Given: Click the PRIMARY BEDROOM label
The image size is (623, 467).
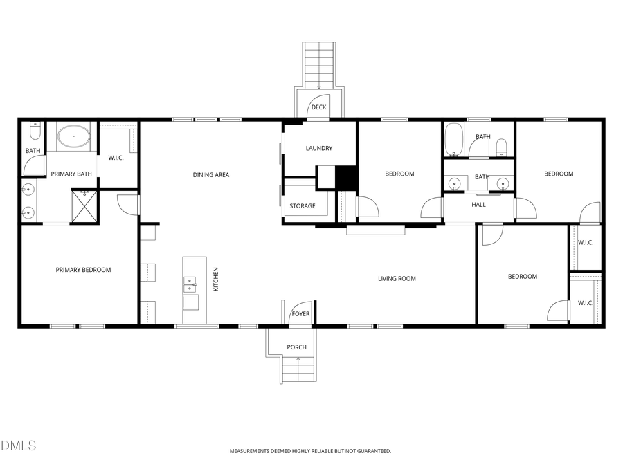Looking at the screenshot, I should (83, 270).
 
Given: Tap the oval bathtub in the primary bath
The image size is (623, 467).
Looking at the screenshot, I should (73, 136).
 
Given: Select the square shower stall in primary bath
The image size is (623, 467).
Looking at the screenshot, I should (86, 205).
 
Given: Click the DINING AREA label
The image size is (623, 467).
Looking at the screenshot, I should (211, 175).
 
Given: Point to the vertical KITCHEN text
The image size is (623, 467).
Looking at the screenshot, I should (216, 279).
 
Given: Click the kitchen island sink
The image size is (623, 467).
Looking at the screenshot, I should (190, 284).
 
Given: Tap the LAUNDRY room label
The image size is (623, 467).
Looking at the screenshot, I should (319, 148).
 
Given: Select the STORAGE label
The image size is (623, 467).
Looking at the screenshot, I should (303, 206).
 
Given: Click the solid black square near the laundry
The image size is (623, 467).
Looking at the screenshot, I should (345, 177).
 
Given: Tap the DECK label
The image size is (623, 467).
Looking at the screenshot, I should (318, 107).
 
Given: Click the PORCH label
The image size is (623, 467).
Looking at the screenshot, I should (297, 347).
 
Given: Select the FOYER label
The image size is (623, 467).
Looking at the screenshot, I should (300, 314).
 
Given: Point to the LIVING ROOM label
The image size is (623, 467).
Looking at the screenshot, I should (397, 279).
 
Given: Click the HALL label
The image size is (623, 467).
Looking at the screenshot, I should (479, 205).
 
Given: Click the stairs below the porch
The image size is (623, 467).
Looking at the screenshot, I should (299, 370).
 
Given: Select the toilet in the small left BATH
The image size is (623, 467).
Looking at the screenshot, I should (34, 130).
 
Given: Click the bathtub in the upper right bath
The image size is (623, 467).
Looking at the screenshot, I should (454, 139).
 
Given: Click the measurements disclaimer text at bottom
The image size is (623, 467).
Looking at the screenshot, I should (310, 451).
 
